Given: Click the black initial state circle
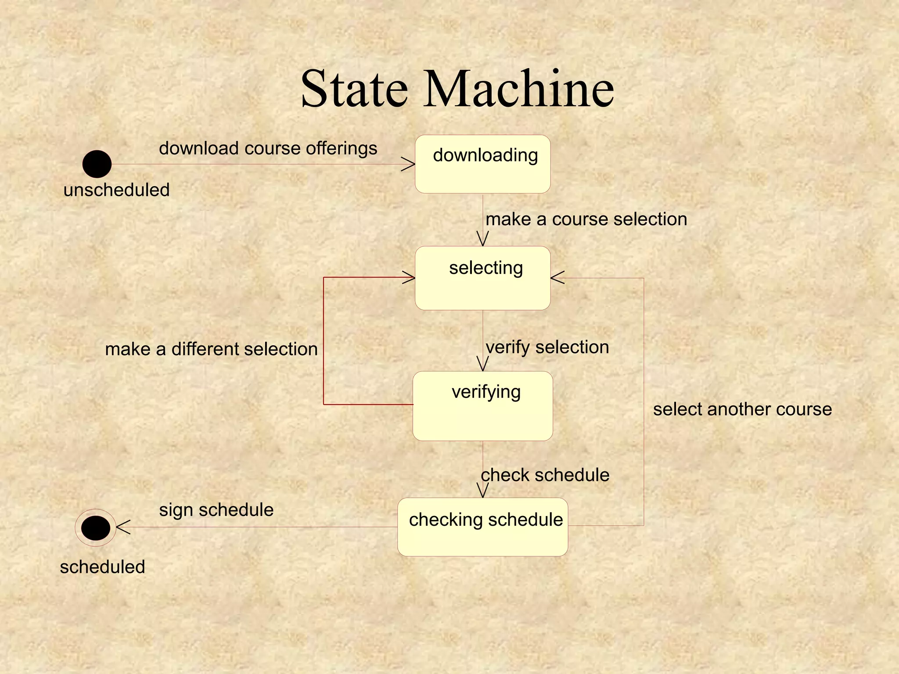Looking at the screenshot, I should click(x=97, y=164).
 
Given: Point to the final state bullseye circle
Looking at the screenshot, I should click(x=96, y=528).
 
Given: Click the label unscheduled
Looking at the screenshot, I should click(x=116, y=190).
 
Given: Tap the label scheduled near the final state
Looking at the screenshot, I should click(x=102, y=567).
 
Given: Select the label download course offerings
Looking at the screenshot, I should click(x=268, y=148).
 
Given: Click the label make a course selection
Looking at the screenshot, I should click(x=586, y=219).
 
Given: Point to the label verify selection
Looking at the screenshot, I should click(x=547, y=347).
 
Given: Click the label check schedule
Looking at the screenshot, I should click(x=545, y=475).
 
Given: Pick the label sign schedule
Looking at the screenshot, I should click(x=216, y=510).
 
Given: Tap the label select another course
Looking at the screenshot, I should click(x=742, y=409).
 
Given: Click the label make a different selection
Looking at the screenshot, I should click(x=211, y=349).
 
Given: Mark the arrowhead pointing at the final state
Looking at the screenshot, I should click(x=122, y=527).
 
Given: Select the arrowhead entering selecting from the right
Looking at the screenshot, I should click(x=557, y=278).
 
